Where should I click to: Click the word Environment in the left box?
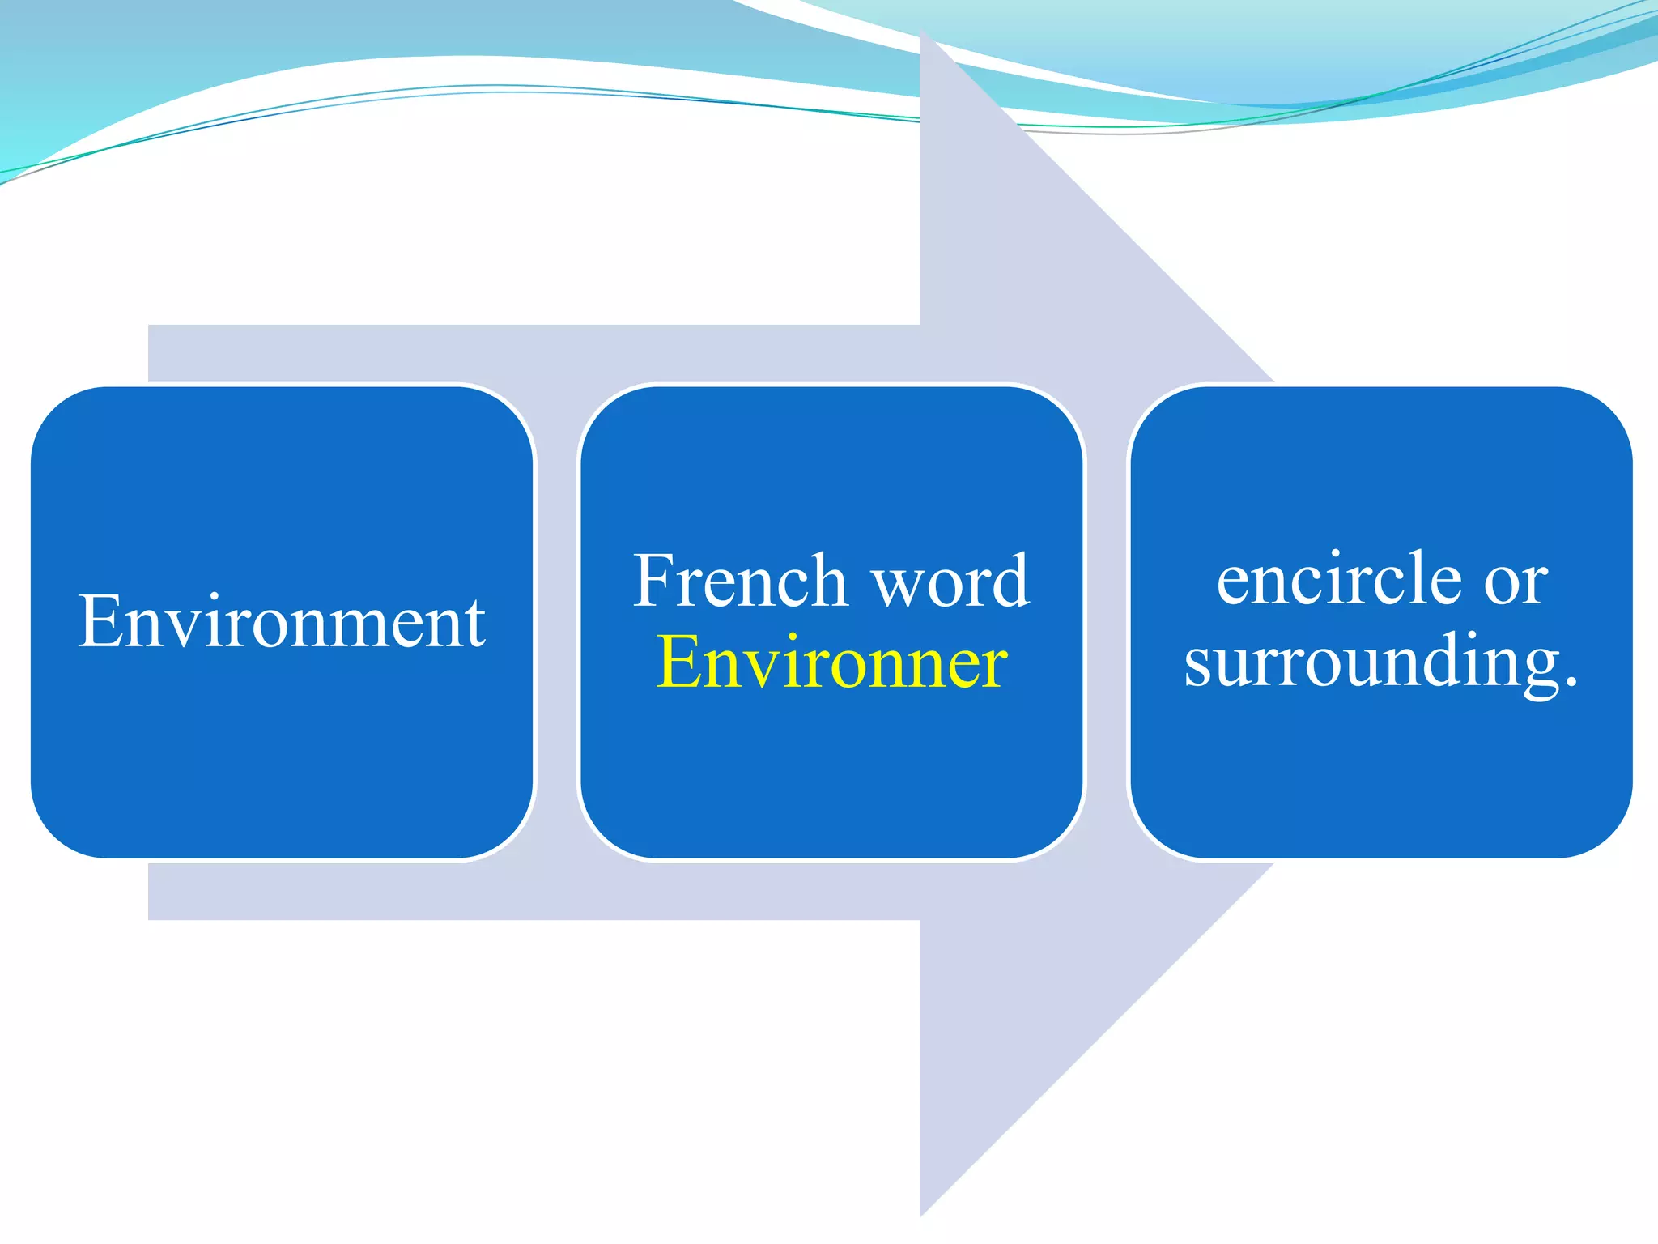[282, 622]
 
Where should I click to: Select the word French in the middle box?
[740, 581]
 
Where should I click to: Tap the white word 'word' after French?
[951, 581]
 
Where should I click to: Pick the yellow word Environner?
[831, 662]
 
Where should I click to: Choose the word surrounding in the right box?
[1371, 662]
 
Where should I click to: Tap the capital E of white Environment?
[99, 622]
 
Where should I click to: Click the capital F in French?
[654, 581]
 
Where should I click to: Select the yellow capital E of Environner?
[677, 662]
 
